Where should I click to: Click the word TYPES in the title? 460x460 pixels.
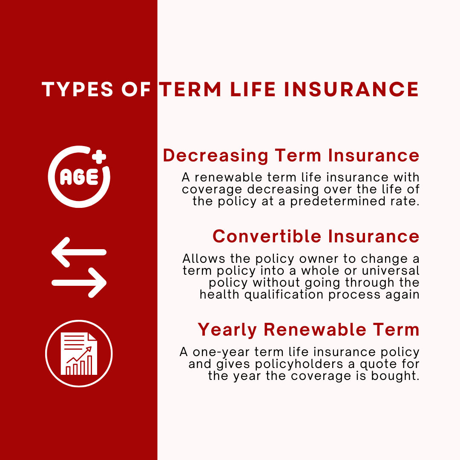tap(76, 89)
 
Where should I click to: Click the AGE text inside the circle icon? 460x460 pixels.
tap(79, 177)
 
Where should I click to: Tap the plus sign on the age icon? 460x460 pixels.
tap(99, 157)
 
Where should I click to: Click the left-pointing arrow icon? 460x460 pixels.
tap(79, 252)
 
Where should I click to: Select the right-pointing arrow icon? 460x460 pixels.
tap(79, 282)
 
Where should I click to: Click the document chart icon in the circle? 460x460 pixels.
tap(79, 354)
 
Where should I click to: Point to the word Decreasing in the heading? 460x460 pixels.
tap(216, 156)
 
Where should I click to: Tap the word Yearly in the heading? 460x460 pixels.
tap(227, 330)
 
